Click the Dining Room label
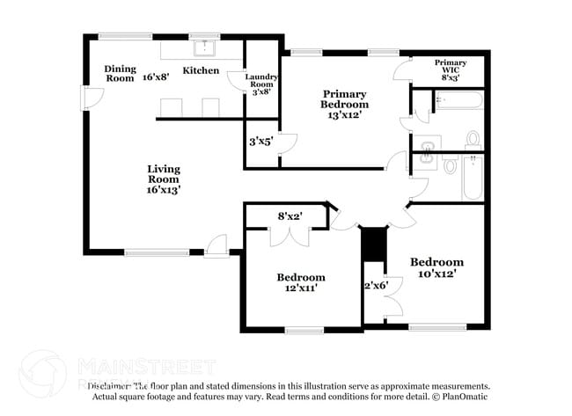point(120,73)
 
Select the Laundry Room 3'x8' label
point(261,84)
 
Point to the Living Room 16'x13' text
point(164,179)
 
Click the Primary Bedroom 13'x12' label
point(344,104)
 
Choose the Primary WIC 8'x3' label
point(451,69)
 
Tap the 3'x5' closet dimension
point(261,141)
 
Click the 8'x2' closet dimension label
point(290,215)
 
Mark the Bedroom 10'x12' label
point(436,267)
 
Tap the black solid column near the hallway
point(375,244)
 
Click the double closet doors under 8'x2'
point(289,236)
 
